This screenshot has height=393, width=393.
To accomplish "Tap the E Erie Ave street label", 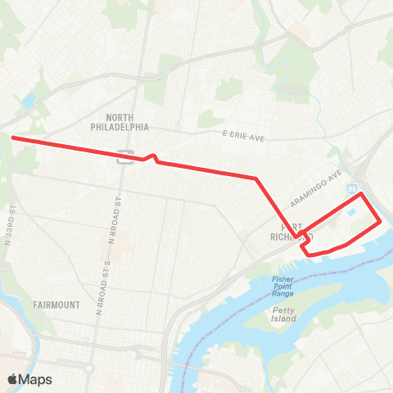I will (x=245, y=135).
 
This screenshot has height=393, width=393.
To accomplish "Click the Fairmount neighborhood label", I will (x=56, y=305).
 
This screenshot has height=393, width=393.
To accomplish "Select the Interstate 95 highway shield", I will (x=351, y=187).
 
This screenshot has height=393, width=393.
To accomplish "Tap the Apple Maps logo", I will (x=29, y=379).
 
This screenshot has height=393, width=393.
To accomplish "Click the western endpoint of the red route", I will (x=13, y=138).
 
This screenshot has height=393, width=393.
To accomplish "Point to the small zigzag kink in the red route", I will (x=151, y=157).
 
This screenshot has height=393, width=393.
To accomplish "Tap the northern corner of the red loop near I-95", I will (x=359, y=196).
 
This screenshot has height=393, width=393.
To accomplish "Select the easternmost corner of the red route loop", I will (x=379, y=221).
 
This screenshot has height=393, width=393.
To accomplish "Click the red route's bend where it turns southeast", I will (x=256, y=178).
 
